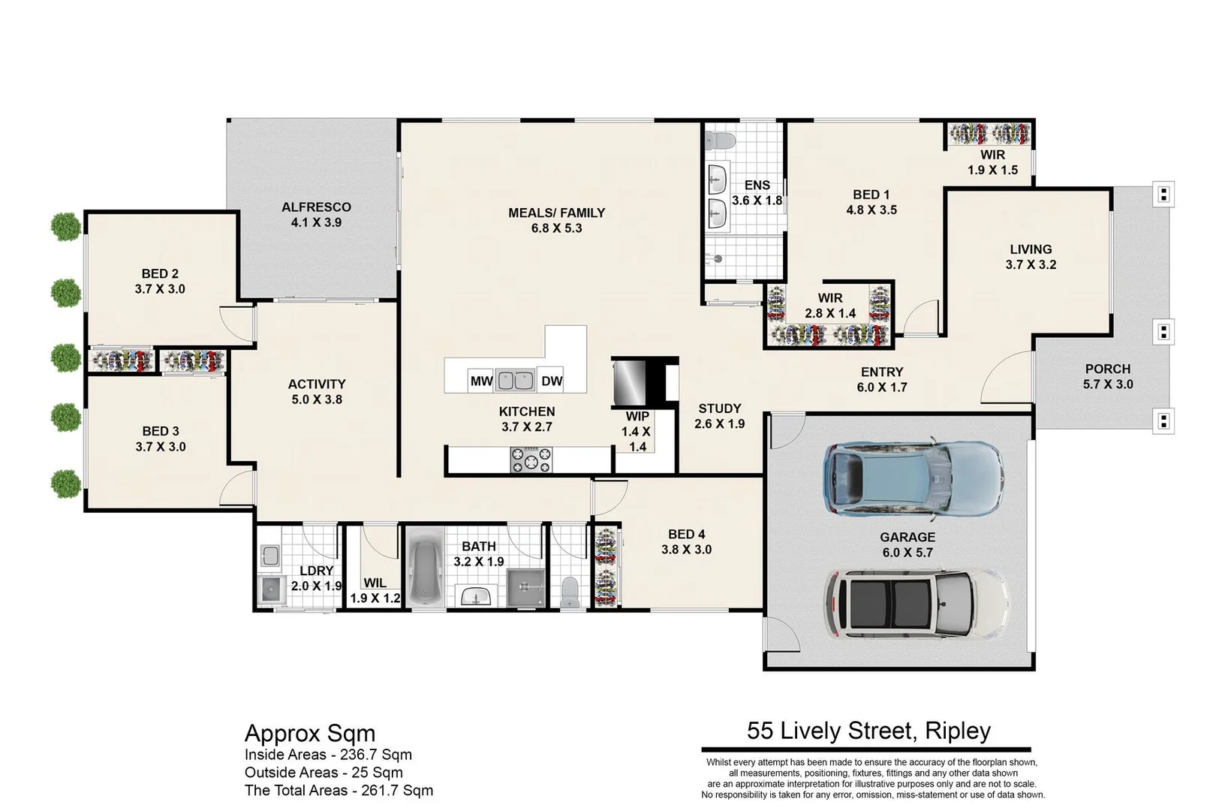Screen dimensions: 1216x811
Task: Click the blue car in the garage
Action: tap(913, 478)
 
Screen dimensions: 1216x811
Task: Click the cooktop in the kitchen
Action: tap(531, 460)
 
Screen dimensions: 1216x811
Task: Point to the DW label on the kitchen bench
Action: tap(552, 381)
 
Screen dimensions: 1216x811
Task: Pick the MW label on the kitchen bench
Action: tap(481, 381)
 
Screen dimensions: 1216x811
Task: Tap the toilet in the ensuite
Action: tap(719, 141)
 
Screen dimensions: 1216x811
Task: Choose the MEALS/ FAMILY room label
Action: tap(556, 213)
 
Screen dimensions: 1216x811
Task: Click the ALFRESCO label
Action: tap(316, 207)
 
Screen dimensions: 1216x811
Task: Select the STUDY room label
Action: tap(719, 409)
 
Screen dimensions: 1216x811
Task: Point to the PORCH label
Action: tap(1107, 369)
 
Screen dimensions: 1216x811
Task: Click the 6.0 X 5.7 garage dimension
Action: tap(907, 553)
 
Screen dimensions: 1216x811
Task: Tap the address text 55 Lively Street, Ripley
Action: tap(868, 731)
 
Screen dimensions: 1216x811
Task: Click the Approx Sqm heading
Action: tap(310, 734)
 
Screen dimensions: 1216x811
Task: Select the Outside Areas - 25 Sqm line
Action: tap(324, 773)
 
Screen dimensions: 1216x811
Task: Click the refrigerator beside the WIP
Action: tap(630, 382)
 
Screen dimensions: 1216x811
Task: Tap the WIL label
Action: tap(375, 583)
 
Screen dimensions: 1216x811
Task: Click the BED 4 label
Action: tap(686, 535)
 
